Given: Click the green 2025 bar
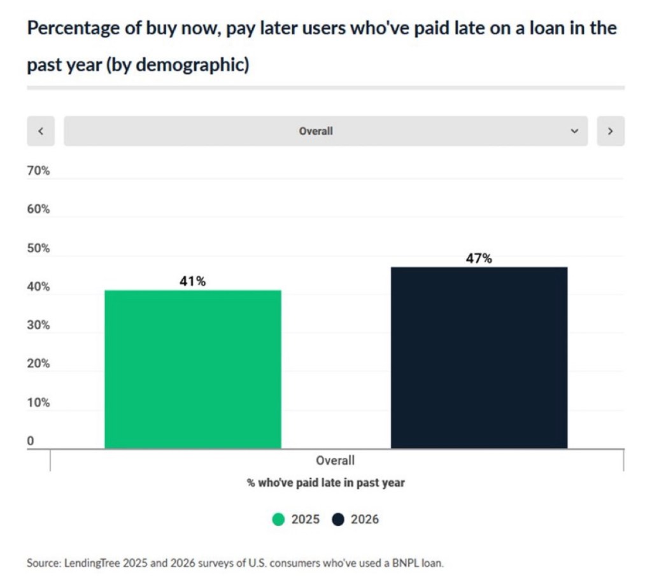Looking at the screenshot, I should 192,369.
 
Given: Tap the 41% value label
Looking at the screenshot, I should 192,281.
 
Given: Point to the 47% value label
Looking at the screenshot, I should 479,259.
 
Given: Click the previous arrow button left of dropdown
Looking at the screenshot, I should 41,131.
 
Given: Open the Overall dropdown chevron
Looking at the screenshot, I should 574,131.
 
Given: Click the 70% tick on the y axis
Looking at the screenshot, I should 38,171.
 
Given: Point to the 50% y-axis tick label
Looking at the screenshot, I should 38,248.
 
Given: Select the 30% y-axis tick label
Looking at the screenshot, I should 38,325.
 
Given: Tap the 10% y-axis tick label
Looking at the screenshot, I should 38,402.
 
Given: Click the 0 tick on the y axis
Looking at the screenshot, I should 31,441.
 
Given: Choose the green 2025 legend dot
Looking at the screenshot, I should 278,520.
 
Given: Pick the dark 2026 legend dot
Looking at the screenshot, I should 338,520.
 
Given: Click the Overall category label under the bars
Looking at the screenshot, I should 336,460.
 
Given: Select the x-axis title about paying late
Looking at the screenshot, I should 325,483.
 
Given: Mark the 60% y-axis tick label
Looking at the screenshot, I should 38,210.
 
